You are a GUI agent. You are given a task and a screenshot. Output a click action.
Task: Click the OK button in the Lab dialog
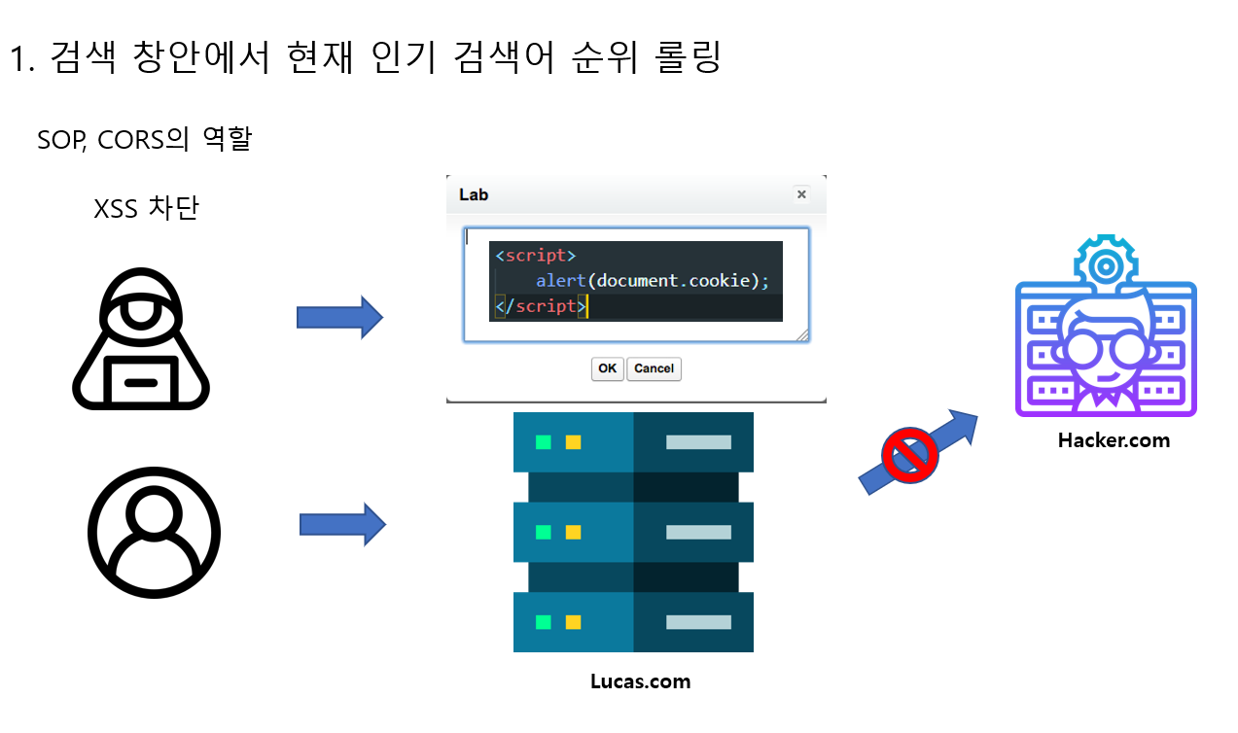608,368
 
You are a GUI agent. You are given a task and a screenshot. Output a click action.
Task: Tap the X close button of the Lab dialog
801,194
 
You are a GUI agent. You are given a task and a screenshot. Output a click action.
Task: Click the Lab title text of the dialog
474,194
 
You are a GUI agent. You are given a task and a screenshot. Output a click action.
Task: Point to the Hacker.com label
1114,440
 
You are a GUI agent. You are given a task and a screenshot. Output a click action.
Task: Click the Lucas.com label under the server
641,681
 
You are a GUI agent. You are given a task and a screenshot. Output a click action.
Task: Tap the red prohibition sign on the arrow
909,454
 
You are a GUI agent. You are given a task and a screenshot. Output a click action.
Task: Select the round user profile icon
154,532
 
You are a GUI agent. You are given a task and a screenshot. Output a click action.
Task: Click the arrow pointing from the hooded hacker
339,317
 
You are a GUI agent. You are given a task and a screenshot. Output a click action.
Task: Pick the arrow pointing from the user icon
342,525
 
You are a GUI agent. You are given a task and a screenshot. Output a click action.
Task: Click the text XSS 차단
146,208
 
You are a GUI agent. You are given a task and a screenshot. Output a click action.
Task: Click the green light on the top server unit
544,442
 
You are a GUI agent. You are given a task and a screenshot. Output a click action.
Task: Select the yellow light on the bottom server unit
574,622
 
